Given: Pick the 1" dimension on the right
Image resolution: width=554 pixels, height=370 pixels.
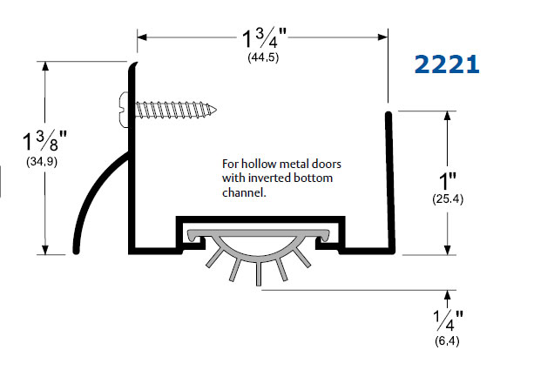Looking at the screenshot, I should point(447,181).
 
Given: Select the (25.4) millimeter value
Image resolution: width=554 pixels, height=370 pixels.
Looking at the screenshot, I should point(447,199).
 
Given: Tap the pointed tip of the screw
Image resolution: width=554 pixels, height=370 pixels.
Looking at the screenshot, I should point(216,110).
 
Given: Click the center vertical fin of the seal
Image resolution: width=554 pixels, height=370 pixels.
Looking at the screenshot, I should point(260,272).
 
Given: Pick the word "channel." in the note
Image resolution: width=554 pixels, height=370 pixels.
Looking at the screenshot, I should point(243,193).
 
